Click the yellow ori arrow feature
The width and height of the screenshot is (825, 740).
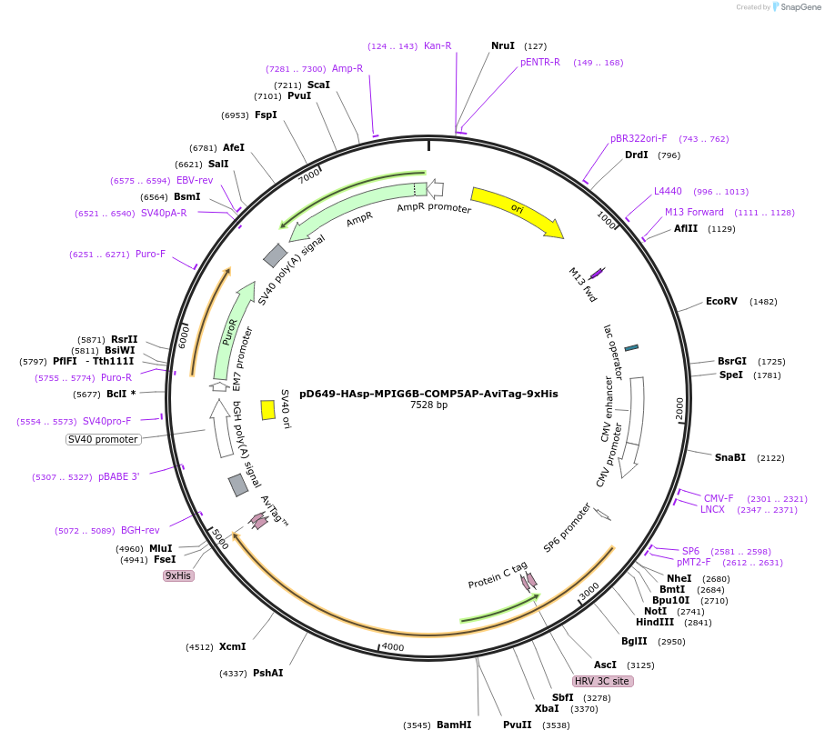coord(516,211)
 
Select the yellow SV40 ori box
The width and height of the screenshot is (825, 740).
coord(267,410)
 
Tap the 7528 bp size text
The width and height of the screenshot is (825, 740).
coord(428,405)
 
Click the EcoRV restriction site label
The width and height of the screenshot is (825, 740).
coord(721,301)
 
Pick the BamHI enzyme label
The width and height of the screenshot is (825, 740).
coord(453,725)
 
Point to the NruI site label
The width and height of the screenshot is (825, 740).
coord(502,45)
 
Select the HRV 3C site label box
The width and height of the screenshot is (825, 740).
coord(602,681)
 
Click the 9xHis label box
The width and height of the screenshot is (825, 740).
coord(178,575)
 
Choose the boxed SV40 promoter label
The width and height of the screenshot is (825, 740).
coord(104,440)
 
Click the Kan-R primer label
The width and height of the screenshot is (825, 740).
coord(438,45)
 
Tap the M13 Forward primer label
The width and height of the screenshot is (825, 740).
coord(694,212)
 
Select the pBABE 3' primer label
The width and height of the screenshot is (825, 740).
coord(119,476)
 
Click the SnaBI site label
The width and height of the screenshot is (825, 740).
coord(729,457)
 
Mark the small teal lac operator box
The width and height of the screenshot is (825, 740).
coord(631,347)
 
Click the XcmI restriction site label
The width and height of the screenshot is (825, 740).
coord(232,646)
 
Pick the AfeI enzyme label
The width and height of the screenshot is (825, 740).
coord(234,147)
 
